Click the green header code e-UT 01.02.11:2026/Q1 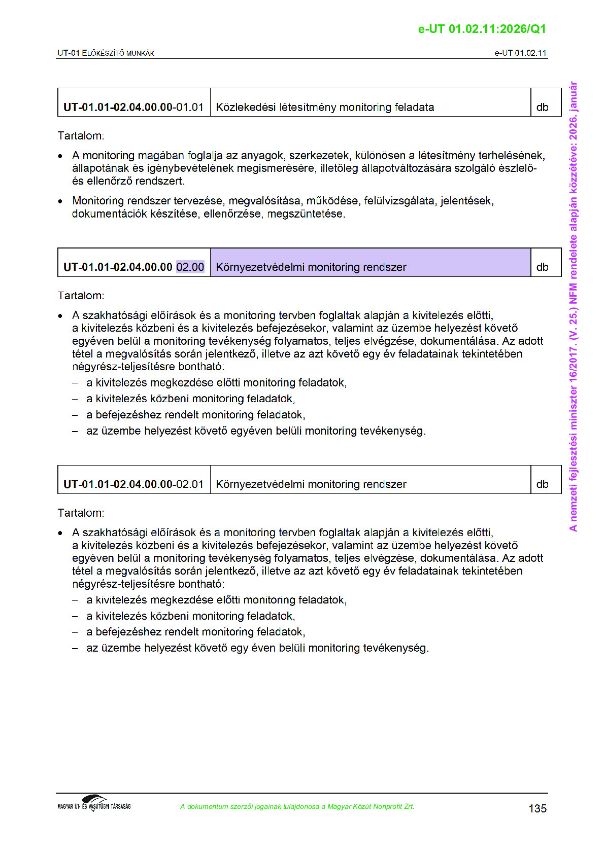(x=482, y=29)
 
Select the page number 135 (x=537, y=808)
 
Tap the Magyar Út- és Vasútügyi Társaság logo (x=94, y=803)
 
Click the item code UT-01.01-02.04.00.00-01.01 (x=133, y=108)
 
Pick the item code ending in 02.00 (x=133, y=267)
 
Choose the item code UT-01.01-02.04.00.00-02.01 (x=133, y=484)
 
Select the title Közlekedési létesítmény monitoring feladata (x=325, y=108)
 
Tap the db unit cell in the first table (x=542, y=108)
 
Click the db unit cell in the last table (x=542, y=484)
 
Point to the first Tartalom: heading (x=81, y=136)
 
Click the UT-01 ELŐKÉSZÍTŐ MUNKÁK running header (x=106, y=53)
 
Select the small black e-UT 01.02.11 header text (x=520, y=53)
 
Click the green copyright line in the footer (x=297, y=807)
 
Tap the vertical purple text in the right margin (x=573, y=306)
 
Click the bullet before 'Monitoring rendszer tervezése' (x=60, y=201)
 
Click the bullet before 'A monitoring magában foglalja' (x=60, y=156)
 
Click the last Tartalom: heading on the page (x=81, y=513)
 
